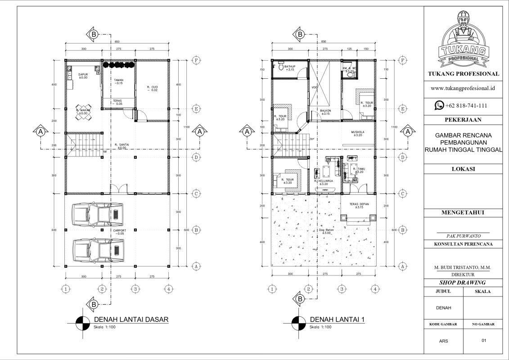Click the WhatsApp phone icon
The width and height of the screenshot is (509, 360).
point(439,105)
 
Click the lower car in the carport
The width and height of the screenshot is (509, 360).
point(98,248)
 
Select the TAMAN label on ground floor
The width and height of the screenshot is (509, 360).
point(118,81)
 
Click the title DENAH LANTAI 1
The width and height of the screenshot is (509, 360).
point(337,319)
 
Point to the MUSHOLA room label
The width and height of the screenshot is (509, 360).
point(358,133)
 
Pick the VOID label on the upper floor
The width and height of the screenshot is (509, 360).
point(315,88)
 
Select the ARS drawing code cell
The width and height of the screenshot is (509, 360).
point(443,341)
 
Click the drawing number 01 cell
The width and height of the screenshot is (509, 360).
point(484,341)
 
